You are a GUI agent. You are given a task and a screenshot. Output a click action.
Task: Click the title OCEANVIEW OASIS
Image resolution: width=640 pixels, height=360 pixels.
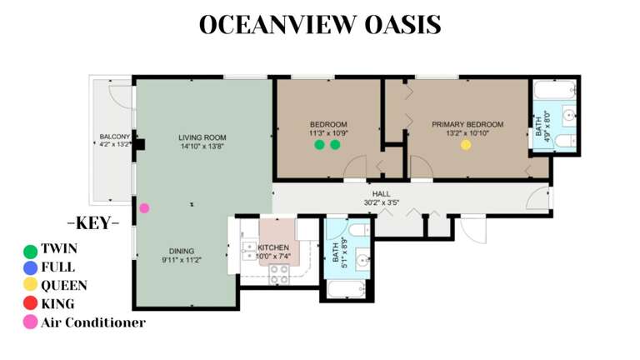320,25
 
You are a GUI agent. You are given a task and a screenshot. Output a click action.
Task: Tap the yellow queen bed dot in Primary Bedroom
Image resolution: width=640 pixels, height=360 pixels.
466,145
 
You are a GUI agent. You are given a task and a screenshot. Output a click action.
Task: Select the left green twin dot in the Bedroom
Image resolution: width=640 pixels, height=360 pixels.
319,145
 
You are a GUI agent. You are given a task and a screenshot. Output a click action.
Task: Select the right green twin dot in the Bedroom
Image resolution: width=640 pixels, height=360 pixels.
335,145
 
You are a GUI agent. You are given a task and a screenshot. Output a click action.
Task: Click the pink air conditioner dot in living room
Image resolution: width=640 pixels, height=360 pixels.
144,208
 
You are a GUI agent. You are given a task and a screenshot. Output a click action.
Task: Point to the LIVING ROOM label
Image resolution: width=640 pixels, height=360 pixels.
202,137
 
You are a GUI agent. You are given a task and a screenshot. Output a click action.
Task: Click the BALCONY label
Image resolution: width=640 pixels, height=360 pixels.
114,137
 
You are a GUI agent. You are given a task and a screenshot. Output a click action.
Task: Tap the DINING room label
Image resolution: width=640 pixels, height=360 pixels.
181,251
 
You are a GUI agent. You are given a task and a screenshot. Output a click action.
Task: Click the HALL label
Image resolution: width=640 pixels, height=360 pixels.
381,194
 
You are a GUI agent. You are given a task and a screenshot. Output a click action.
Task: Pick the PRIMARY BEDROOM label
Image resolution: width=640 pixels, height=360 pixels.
467,124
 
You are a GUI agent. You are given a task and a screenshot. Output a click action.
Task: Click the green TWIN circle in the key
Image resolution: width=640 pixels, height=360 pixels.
31,250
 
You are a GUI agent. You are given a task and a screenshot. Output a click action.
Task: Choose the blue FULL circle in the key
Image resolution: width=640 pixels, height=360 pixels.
31,267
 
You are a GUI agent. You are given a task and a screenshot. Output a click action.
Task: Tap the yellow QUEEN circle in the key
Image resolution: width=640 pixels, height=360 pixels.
31,286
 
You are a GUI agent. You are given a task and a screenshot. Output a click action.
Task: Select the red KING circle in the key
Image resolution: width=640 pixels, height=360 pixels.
31,304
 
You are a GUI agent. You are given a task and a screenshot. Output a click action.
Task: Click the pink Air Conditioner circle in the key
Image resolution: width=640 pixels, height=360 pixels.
31,322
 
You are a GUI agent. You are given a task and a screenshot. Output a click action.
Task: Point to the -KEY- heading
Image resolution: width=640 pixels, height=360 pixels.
92,223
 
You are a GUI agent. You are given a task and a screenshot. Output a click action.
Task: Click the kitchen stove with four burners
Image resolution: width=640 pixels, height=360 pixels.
278,273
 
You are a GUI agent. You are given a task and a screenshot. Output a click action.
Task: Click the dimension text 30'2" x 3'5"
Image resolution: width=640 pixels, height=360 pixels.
381,202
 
